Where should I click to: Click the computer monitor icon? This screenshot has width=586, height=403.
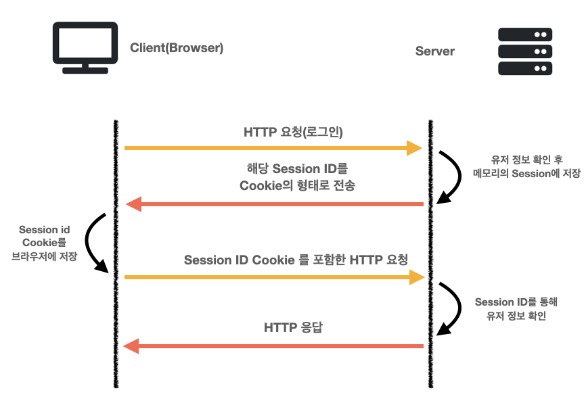click(x=85, y=47)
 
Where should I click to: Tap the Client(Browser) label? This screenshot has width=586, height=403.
click(x=177, y=48)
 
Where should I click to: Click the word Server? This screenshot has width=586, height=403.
click(x=435, y=51)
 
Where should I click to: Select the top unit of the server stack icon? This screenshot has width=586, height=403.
click(x=525, y=34)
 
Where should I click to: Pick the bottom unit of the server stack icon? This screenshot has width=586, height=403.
click(x=525, y=68)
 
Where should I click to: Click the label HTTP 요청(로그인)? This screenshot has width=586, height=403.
click(x=293, y=132)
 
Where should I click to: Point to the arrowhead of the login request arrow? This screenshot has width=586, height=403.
click(x=414, y=148)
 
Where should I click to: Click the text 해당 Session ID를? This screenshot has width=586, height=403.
click(x=297, y=168)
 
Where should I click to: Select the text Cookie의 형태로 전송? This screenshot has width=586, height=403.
click(x=297, y=185)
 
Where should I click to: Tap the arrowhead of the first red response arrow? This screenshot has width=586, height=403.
click(x=134, y=204)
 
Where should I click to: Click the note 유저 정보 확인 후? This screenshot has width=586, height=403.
click(x=526, y=160)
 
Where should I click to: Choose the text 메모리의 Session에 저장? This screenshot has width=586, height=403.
click(x=526, y=173)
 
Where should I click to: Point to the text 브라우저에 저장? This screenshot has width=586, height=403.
click(x=44, y=256)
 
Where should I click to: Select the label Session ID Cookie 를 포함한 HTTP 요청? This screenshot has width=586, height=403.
click(x=296, y=260)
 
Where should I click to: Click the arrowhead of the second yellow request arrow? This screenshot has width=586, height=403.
click(x=417, y=277)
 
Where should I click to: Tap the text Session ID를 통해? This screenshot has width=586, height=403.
click(x=516, y=302)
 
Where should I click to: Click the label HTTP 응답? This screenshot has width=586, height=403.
click(x=293, y=327)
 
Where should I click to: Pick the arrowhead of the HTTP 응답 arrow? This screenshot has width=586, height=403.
click(x=131, y=346)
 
